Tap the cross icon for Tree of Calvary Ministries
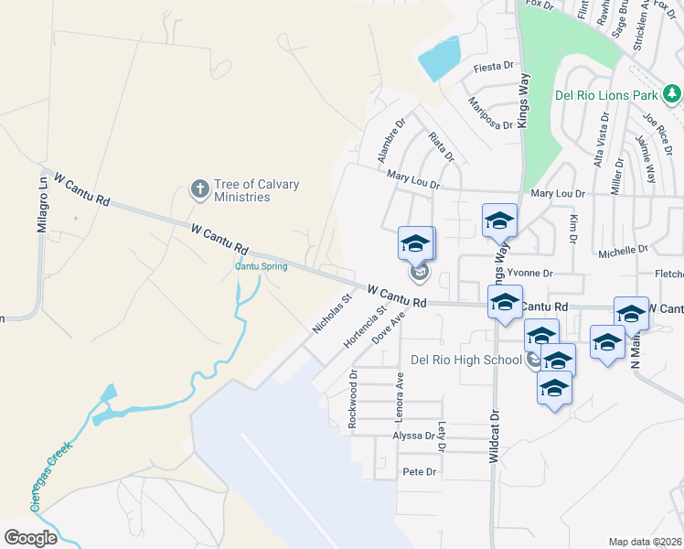coord(199,190)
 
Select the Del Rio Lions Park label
coord(606,94)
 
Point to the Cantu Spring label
coord(261,266)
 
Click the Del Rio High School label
coord(465,360)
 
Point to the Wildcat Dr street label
coord(494,436)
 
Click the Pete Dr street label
coord(420,472)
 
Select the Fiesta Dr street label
coord(492,68)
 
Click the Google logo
coord(30,538)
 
